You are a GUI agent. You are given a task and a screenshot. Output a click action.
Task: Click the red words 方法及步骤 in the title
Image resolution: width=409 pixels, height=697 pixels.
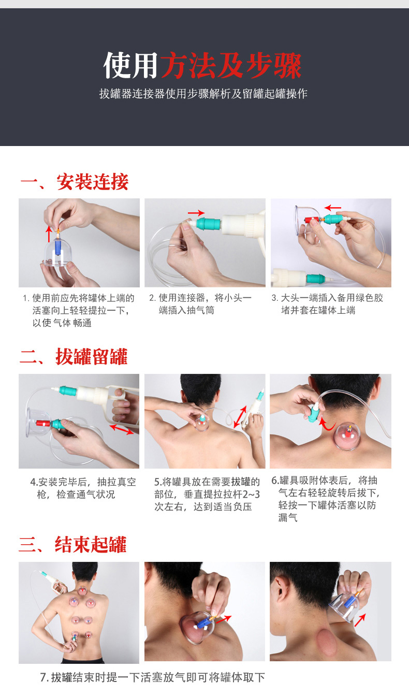click(231, 66)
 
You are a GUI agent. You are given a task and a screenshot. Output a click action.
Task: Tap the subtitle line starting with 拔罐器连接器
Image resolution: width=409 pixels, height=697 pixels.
click(203, 94)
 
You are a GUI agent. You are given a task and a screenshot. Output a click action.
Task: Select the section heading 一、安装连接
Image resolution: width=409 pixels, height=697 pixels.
click(74, 182)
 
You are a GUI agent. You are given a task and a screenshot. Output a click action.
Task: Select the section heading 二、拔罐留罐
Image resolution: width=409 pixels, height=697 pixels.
click(74, 357)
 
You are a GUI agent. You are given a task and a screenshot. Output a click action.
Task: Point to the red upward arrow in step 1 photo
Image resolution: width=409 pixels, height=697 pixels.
click(49, 234)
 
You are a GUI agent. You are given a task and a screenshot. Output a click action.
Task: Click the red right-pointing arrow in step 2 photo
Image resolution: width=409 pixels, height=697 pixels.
click(196, 213)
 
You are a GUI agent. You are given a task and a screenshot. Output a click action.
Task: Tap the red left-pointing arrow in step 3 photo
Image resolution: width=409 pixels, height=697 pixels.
click(333, 208)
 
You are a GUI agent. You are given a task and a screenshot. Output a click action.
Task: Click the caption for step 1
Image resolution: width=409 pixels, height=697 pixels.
click(79, 310)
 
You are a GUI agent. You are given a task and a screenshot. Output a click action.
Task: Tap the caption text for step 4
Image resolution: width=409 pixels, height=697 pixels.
click(83, 488)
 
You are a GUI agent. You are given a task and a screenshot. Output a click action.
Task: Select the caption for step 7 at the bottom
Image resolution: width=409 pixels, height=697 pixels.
click(153, 677)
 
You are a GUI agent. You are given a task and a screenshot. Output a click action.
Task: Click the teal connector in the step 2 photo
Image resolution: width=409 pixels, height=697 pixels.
click(209, 224)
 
